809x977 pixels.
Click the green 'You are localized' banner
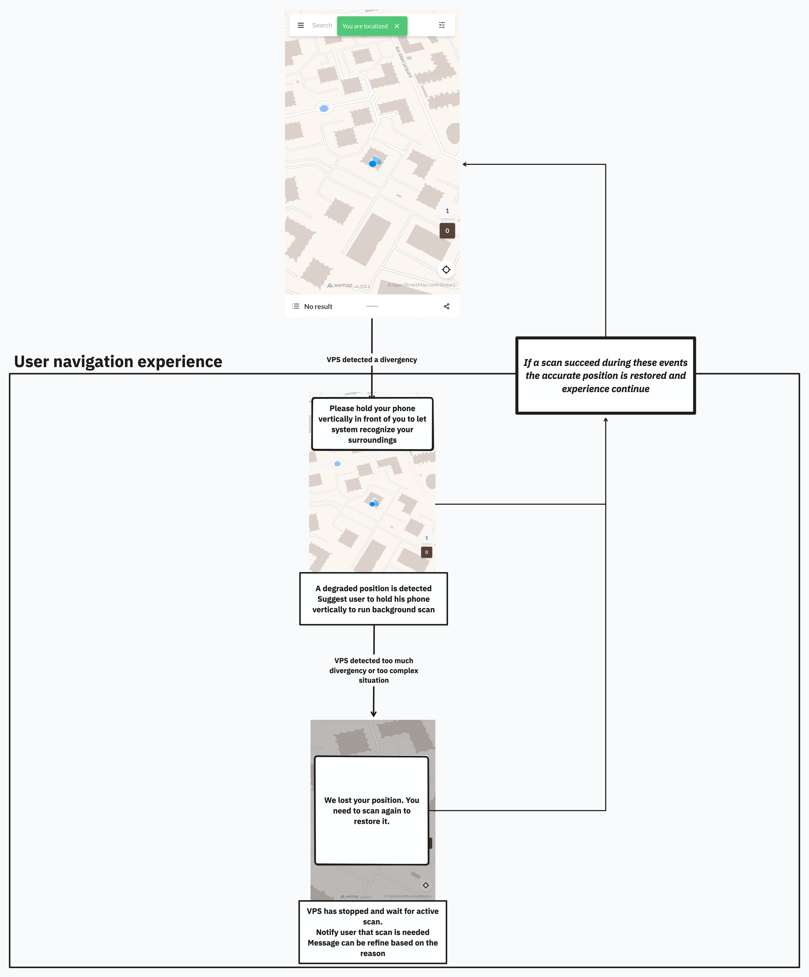365,26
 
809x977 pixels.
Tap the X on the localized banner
397,26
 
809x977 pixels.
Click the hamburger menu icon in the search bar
301,25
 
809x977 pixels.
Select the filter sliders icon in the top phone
442,25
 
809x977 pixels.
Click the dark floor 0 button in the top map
447,231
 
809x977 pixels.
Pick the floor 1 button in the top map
447,211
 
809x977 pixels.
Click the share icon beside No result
446,306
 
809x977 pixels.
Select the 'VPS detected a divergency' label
371,360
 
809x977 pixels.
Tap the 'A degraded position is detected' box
373,599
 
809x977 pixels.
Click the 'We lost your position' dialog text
371,810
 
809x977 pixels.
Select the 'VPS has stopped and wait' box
372,932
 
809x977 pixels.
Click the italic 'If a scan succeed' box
605,375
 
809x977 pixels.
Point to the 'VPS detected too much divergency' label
373,670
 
